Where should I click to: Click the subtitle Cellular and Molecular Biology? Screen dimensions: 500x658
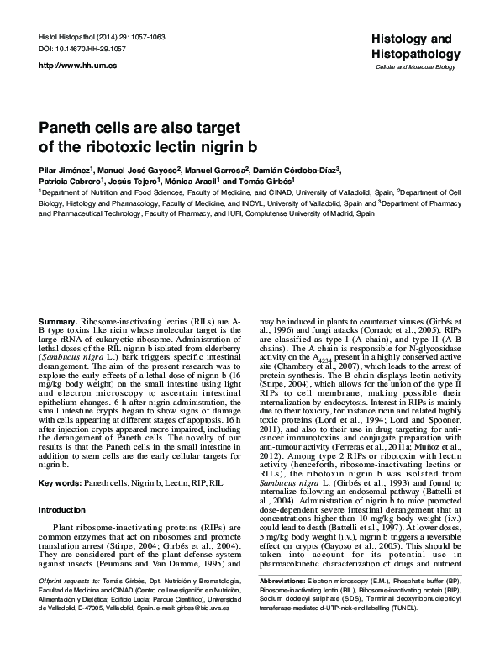[413, 66]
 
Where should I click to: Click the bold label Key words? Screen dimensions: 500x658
[64, 484]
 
